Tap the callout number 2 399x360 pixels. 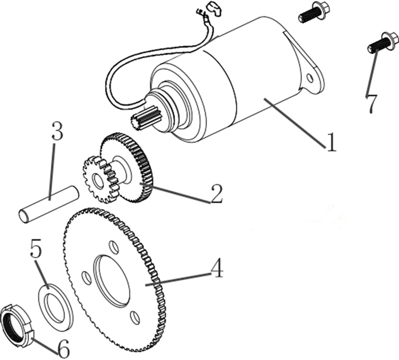[x=217, y=194]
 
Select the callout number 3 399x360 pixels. [x=57, y=130]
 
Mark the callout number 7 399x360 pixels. [x=372, y=104]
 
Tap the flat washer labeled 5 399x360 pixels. [x=56, y=307]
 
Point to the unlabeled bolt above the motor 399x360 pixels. [x=314, y=12]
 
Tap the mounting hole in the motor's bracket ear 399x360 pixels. [x=310, y=78]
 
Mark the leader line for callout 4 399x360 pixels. [x=178, y=279]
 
